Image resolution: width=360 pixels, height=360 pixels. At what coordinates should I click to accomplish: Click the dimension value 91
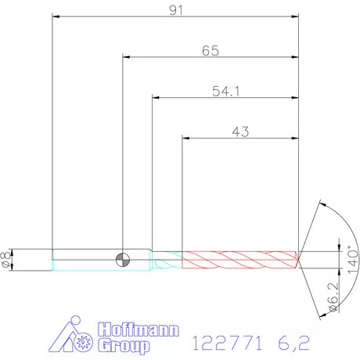pos(176,10)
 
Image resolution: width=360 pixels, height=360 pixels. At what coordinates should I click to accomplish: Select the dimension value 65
pos(211,51)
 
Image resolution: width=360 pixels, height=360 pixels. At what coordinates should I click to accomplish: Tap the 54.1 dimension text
pos(225,91)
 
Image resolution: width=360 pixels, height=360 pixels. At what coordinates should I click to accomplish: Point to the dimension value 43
pos(240,131)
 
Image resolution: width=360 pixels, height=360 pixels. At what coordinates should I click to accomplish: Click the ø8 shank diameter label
pos(6,260)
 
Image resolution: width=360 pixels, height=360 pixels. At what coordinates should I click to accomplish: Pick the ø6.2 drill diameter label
pos(333,297)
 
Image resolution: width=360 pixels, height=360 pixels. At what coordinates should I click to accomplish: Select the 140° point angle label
pos(353,259)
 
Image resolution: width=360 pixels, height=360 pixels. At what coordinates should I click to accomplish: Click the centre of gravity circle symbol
pos(123,260)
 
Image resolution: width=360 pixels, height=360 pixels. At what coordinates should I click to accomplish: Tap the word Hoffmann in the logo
pos(139,329)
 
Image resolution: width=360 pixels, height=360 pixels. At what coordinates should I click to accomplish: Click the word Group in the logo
pos(124,346)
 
